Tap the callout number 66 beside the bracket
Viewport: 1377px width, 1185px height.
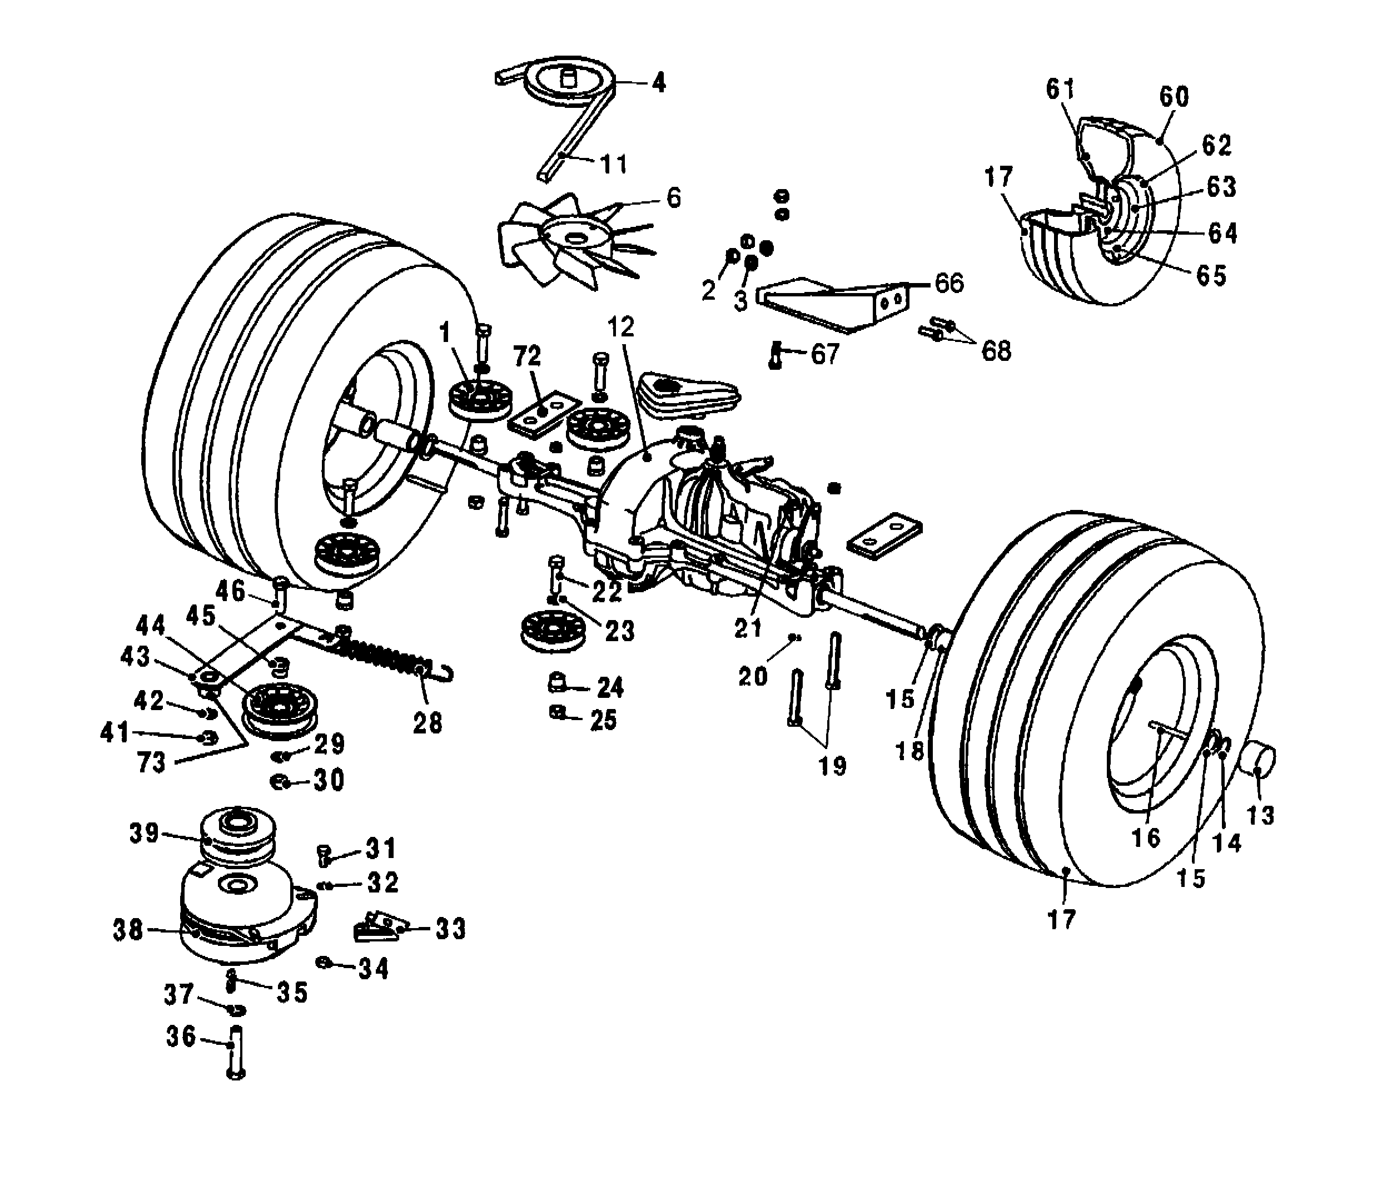(x=948, y=283)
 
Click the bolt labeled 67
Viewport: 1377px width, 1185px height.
(x=775, y=355)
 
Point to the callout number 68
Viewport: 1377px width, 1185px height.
(x=996, y=350)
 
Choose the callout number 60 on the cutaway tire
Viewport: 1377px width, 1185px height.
(x=1174, y=97)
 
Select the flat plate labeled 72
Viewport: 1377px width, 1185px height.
(x=544, y=413)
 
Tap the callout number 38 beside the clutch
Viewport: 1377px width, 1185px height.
(x=128, y=930)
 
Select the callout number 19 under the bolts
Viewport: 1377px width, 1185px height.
(x=832, y=766)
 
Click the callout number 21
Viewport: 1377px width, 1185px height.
(x=748, y=628)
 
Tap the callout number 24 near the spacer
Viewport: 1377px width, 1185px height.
(x=610, y=688)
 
